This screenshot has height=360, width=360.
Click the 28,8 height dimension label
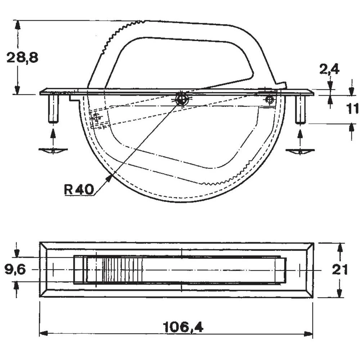22,58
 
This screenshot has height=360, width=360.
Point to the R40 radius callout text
79,190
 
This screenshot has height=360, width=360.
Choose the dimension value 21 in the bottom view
339,270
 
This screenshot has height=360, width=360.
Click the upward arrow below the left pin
53,136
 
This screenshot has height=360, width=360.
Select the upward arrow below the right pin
300,137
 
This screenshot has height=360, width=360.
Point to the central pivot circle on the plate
182,98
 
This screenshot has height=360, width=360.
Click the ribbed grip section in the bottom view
121,270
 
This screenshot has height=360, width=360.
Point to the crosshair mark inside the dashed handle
95,117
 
